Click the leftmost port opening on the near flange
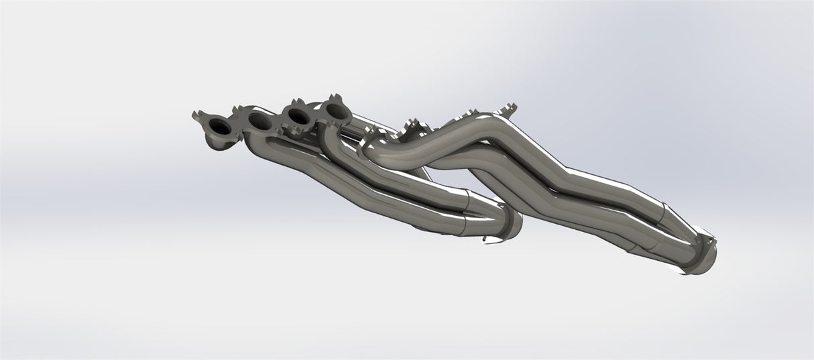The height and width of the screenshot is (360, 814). tap(219, 127)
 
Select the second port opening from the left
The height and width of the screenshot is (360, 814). tap(259, 120)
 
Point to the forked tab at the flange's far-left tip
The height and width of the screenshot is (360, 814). tap(197, 114)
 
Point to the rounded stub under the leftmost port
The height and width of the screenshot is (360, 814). tap(217, 141)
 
